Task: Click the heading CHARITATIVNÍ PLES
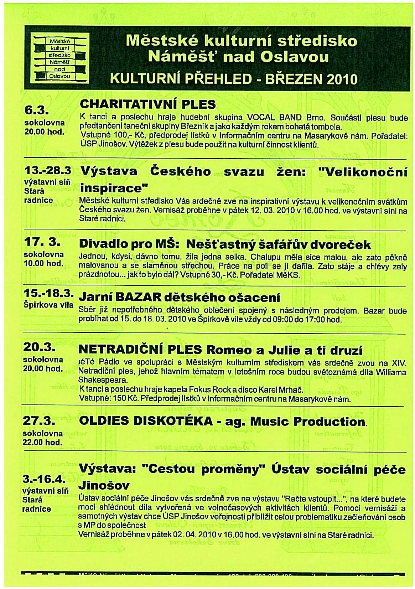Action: click(148, 104)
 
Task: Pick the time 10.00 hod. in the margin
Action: click(43, 264)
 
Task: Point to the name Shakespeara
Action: click(96, 380)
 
